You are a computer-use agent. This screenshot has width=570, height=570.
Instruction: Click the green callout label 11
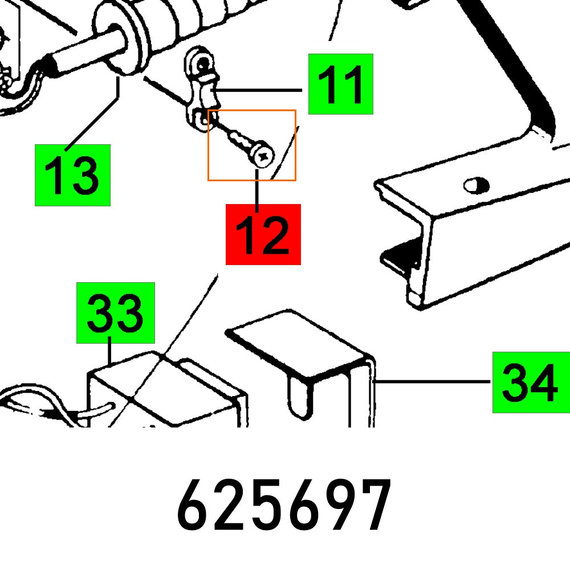click(340, 84)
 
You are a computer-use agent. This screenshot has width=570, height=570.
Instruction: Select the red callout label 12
click(263, 234)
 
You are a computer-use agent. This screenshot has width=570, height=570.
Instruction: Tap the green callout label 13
click(72, 175)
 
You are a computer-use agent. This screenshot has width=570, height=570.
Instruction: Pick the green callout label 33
click(116, 312)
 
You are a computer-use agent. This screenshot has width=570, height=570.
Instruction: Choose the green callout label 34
click(531, 382)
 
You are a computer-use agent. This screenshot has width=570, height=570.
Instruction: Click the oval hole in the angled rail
click(477, 185)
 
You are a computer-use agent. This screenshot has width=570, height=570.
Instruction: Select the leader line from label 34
click(433, 382)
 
